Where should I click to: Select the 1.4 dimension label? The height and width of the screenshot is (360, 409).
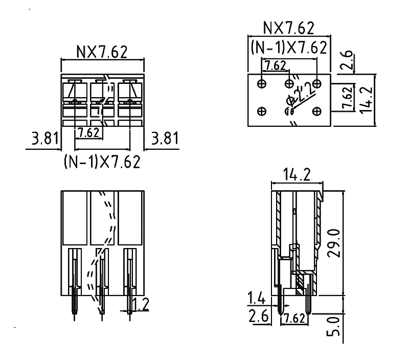pos(256,297)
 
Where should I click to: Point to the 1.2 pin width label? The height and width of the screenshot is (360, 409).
pos(140,305)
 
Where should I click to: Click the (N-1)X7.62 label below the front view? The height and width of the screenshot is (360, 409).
pos(102,162)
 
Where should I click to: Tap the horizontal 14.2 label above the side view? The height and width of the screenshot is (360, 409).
pos(297,175)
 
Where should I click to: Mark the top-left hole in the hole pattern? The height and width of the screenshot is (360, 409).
pos(262,83)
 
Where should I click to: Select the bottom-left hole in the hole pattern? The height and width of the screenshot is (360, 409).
pos(262,110)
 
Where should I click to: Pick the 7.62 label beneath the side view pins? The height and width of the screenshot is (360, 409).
pos(294,318)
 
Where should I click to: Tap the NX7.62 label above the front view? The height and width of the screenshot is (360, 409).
pos(102,51)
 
